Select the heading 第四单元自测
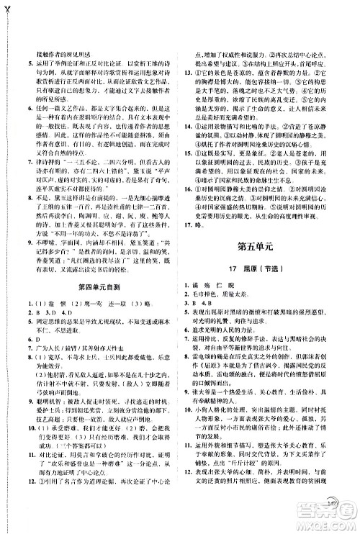(93, 308)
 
